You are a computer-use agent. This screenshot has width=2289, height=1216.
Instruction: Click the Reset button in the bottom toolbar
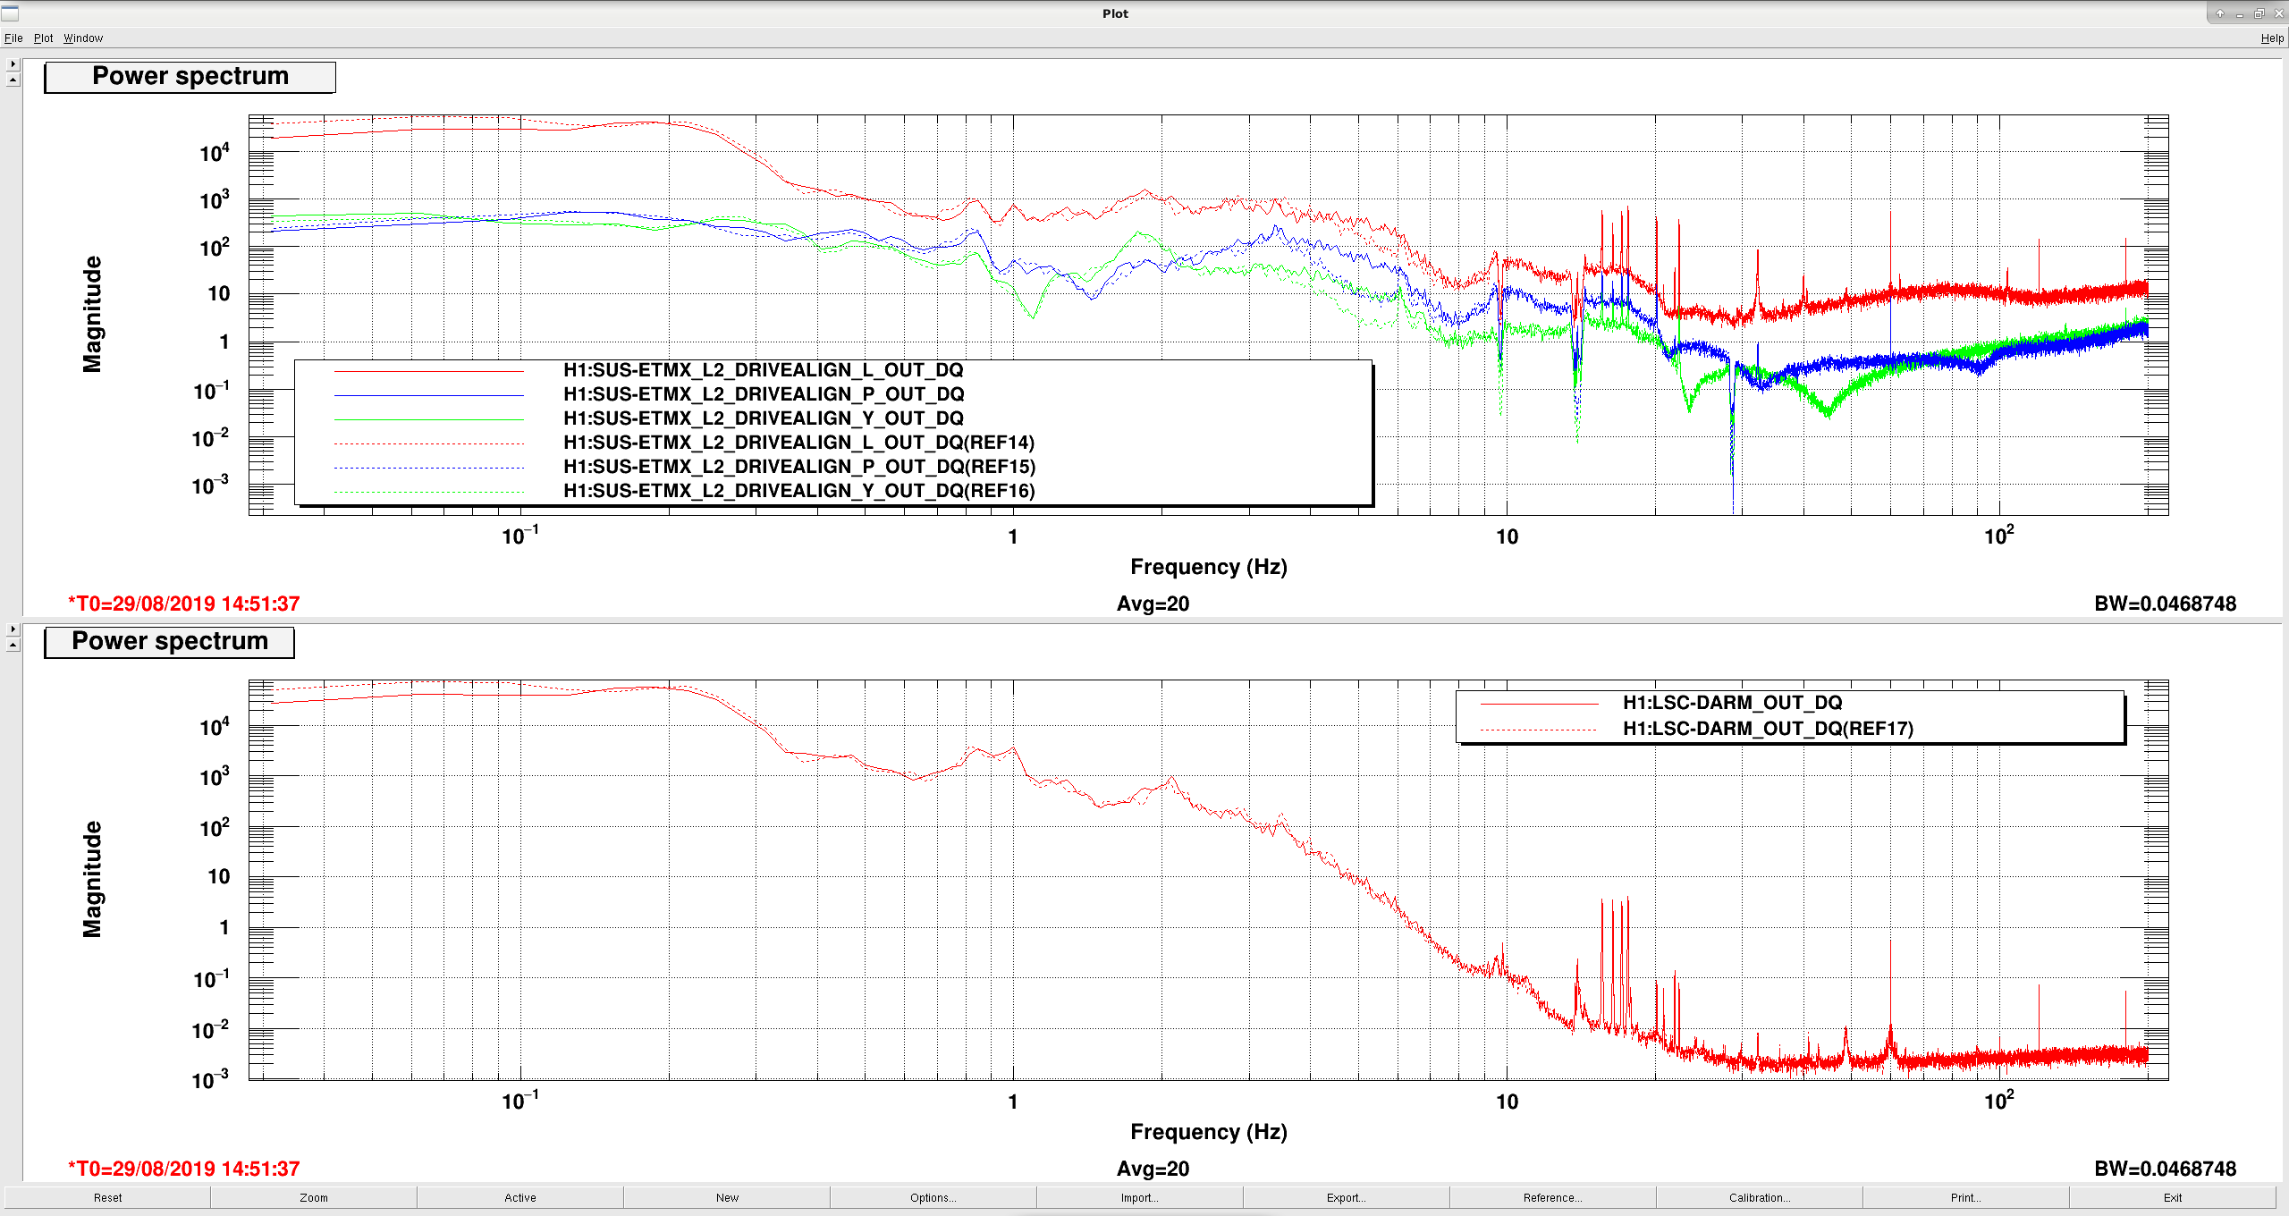point(107,1197)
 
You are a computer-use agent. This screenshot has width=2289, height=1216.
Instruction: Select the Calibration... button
point(1759,1197)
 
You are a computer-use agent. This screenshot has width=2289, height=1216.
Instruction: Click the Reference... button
point(1552,1197)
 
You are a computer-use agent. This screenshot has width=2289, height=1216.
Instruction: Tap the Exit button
point(2173,1197)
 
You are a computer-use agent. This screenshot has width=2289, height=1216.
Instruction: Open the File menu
point(13,38)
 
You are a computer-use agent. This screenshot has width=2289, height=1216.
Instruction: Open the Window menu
point(83,38)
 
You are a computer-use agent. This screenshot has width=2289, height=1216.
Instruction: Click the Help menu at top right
point(2272,38)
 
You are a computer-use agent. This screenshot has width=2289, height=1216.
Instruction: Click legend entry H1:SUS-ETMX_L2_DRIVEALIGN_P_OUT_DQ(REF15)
point(799,467)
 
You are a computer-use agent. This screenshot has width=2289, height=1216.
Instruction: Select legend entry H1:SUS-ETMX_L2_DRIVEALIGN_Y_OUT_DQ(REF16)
point(799,491)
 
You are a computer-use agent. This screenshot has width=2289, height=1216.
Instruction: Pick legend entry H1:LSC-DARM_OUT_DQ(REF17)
point(1769,729)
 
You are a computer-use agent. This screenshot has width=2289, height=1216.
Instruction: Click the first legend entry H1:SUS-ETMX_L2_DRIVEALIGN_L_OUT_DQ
point(764,370)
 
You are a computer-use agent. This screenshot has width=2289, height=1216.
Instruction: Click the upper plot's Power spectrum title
point(190,77)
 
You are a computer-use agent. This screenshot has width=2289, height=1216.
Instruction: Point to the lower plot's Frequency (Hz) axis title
point(1209,1132)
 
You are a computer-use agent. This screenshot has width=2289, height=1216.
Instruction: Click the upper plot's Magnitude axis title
point(92,314)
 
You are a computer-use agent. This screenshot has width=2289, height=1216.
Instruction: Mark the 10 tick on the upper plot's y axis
point(219,294)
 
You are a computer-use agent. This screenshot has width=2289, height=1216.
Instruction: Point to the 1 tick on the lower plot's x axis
point(1013,1102)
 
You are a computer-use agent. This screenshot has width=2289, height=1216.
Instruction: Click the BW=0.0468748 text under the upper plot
point(2165,604)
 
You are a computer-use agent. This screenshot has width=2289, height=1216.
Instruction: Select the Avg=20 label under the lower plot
point(1153,1170)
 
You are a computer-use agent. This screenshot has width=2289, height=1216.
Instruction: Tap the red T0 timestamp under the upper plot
point(184,604)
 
